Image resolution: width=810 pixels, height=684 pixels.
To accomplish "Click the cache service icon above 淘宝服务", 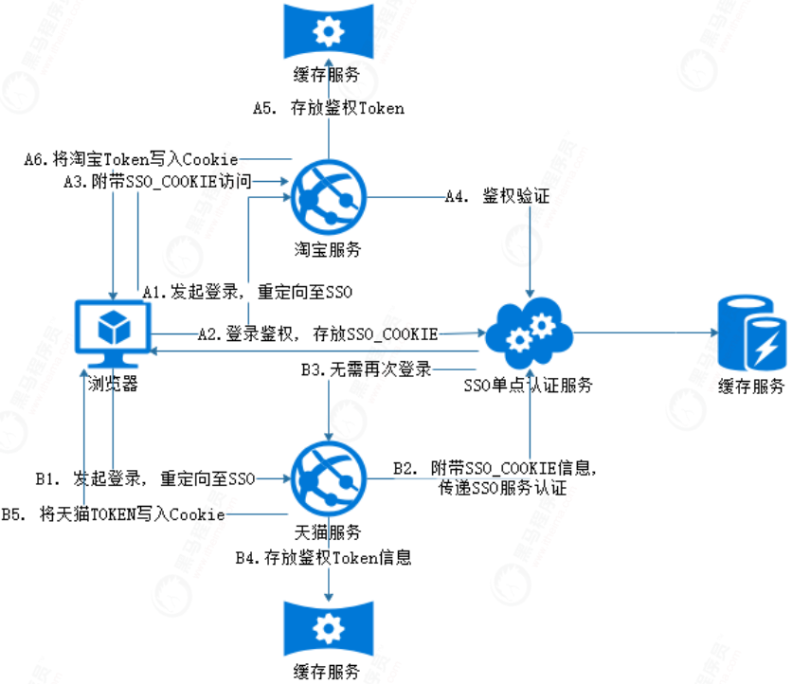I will coord(328,32).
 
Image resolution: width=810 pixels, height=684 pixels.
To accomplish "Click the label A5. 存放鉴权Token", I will coord(328,108).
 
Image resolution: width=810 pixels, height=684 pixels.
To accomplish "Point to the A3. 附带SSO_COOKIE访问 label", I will coord(156,181).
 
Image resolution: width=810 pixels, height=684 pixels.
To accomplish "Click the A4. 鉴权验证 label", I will coord(496,197).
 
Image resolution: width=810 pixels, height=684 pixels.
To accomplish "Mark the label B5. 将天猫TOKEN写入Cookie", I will coord(113,514).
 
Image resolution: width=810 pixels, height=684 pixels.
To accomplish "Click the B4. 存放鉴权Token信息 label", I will coord(323,557).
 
